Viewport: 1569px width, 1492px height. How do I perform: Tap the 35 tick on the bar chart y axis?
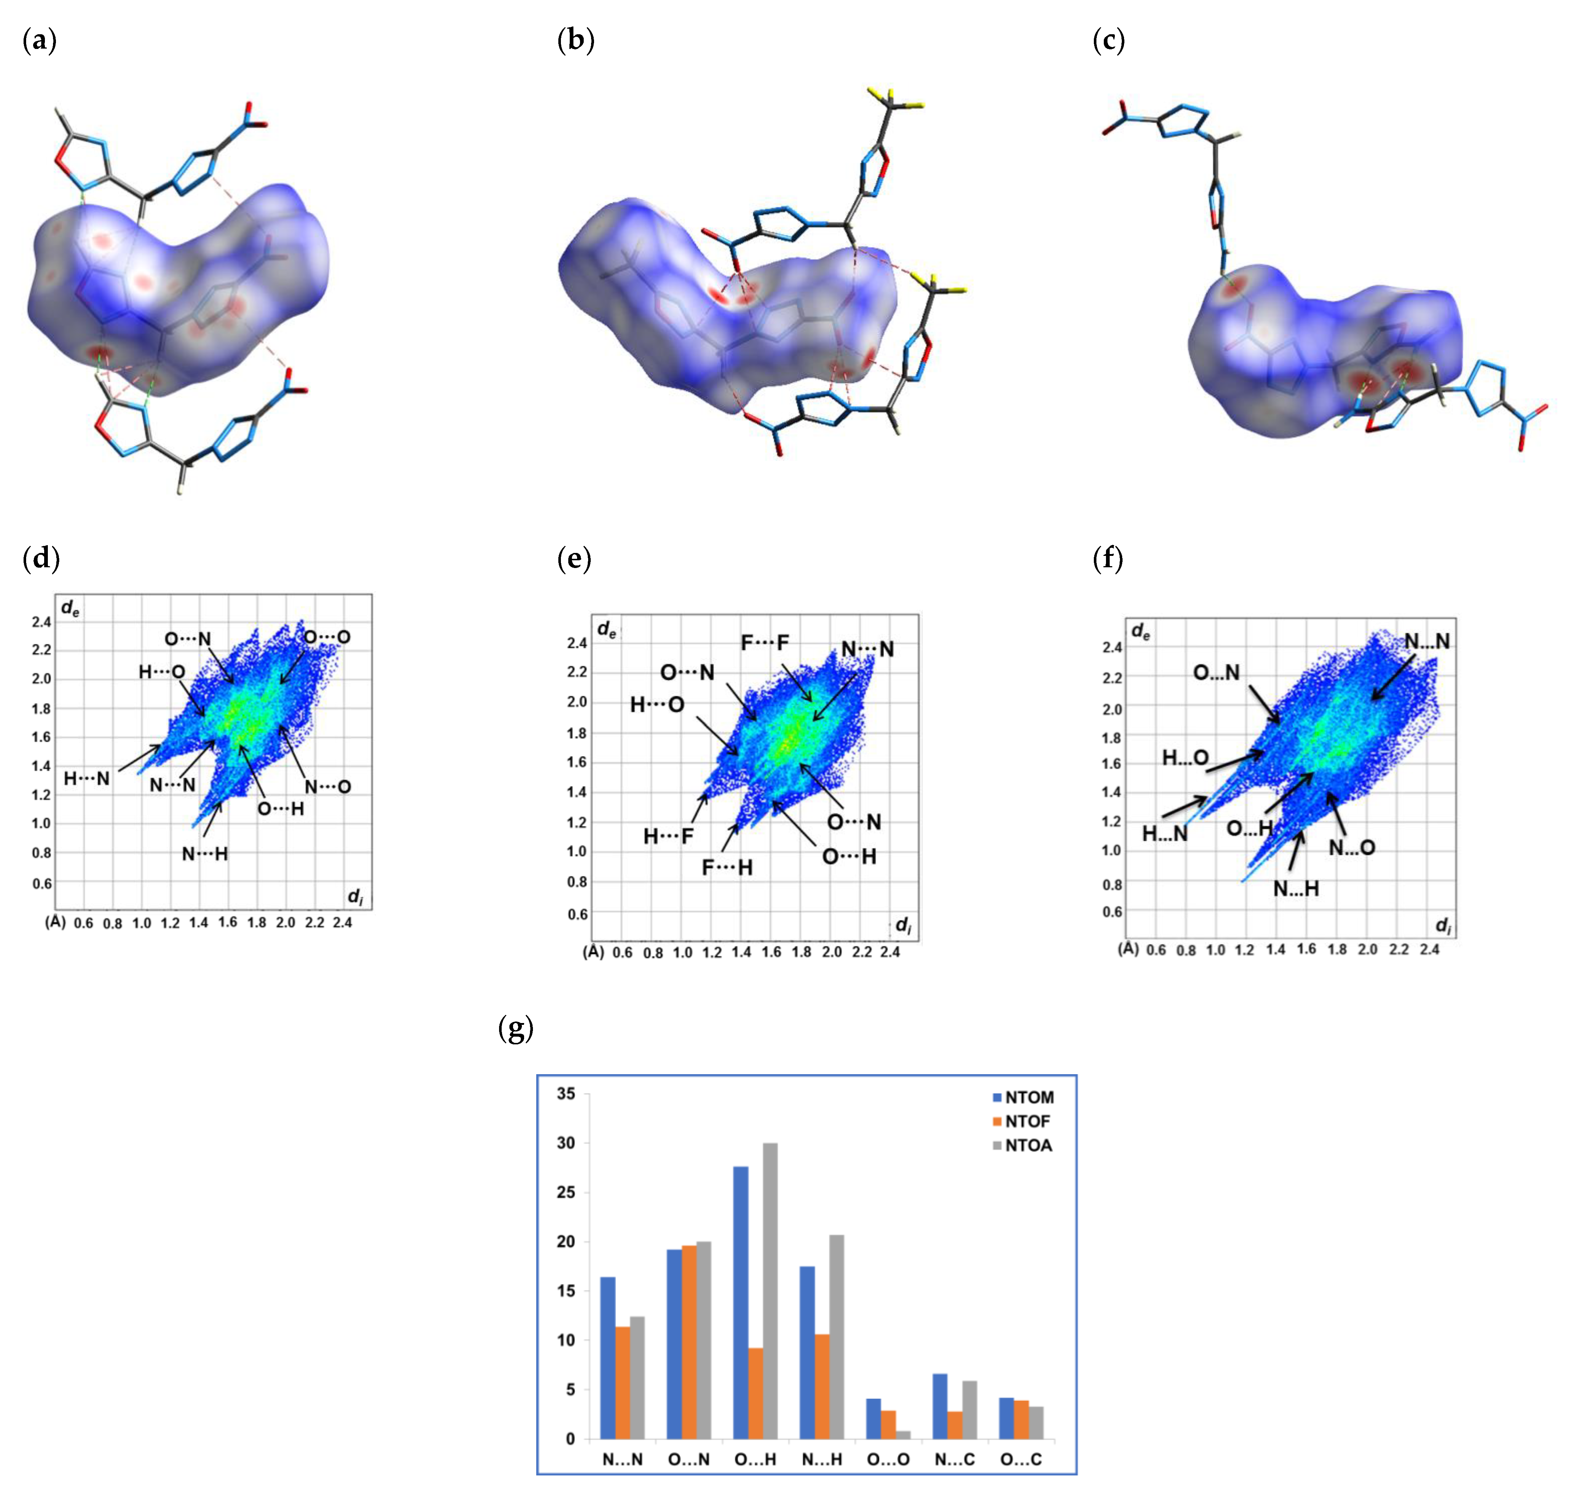click(x=565, y=1094)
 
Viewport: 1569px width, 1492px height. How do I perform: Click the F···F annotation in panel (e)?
click(x=765, y=643)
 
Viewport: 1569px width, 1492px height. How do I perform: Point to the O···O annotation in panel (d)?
click(x=327, y=637)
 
